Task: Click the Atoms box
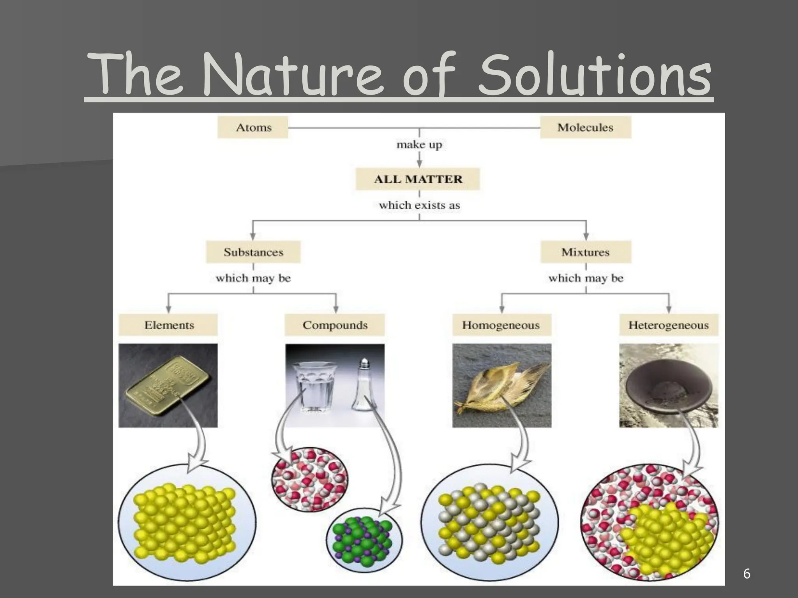point(253,127)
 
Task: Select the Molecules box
point(585,127)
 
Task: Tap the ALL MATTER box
point(418,179)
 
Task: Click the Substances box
point(253,252)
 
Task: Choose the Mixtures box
point(585,252)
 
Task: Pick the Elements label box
point(168,325)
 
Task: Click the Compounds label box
point(335,325)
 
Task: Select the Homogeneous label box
point(501,325)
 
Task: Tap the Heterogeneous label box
point(669,325)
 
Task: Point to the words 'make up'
point(419,145)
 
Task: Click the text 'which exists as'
point(419,205)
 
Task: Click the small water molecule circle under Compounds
point(310,479)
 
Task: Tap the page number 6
point(747,573)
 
